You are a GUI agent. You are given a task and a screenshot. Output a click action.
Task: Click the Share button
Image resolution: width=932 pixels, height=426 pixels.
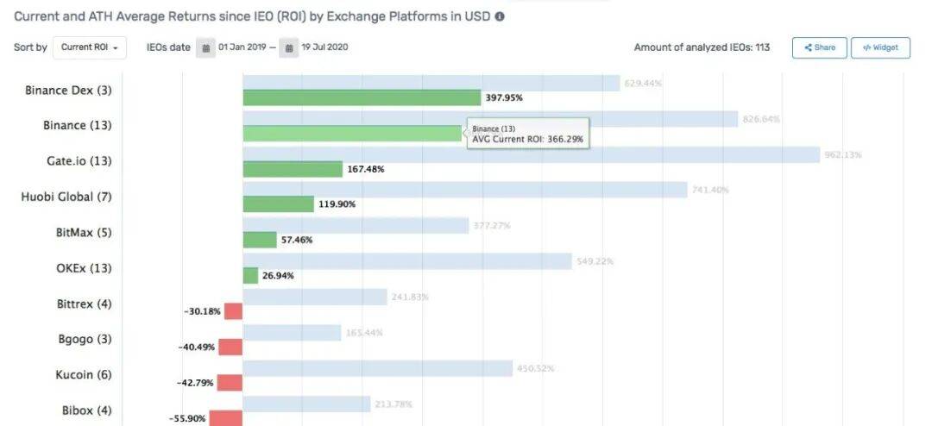[819, 47]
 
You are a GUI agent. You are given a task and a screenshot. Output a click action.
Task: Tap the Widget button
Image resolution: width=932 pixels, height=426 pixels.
[880, 47]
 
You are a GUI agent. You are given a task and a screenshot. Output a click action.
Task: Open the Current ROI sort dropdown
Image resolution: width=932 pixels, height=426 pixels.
[90, 47]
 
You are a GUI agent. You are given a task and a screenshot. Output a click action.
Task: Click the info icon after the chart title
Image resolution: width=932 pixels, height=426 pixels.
[500, 16]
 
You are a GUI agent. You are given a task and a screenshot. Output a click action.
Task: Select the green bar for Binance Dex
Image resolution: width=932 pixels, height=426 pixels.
[361, 97]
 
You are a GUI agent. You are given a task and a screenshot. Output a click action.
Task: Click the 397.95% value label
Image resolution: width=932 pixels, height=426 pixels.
[504, 98]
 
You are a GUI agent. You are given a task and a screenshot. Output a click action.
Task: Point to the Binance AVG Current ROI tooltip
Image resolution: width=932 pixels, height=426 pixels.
[528, 134]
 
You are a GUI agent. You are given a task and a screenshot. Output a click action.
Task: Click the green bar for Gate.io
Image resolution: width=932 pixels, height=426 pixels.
[293, 169]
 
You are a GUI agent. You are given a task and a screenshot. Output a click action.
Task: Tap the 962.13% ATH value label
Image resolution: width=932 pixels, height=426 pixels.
[843, 155]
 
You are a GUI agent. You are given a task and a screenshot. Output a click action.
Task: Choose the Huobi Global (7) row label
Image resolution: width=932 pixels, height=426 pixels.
[66, 197]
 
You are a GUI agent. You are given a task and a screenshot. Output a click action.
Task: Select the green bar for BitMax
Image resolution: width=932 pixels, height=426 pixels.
[260, 240]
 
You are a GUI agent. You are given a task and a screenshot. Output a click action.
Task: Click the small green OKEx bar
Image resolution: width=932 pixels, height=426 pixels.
[250, 276]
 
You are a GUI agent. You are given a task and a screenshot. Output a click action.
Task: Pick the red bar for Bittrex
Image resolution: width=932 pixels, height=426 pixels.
[233, 311]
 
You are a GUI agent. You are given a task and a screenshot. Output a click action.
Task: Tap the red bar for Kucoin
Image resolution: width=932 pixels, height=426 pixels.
[230, 383]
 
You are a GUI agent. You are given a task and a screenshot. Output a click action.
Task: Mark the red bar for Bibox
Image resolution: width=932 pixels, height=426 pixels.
[226, 418]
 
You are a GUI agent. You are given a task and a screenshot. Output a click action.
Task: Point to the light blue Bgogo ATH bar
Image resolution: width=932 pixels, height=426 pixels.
[292, 333]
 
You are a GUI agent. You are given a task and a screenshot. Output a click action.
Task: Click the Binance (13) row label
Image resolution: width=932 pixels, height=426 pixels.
[77, 125]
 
